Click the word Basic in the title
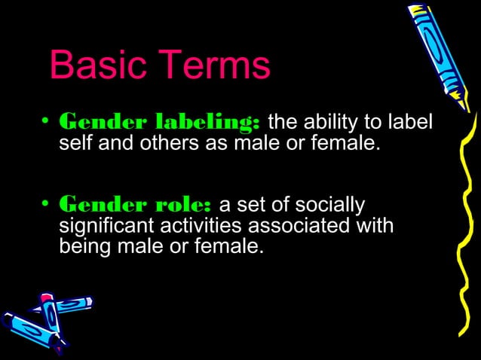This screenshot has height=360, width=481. pyautogui.click(x=93, y=67)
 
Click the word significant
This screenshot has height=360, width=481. pyautogui.click(x=106, y=225)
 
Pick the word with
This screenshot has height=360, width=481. pyautogui.click(x=374, y=225)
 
